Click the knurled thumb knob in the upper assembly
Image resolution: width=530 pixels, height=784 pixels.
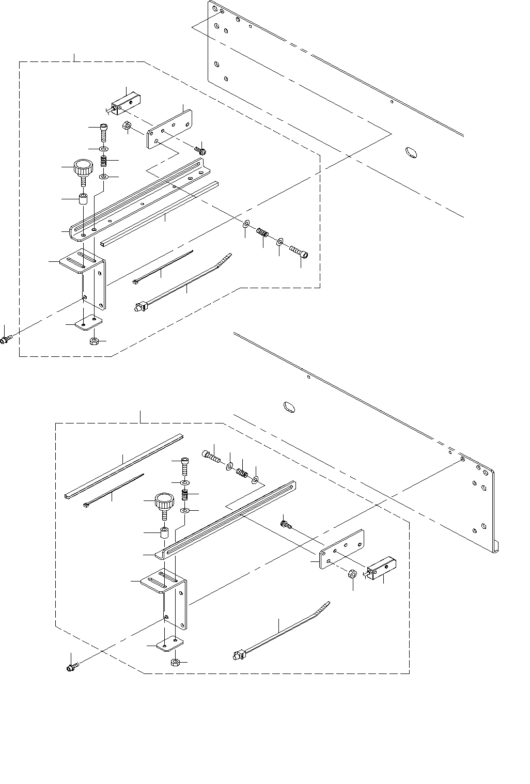tap(83, 168)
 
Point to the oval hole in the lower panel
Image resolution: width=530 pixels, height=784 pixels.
tap(289, 406)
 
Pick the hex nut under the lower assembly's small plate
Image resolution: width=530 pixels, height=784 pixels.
tap(175, 662)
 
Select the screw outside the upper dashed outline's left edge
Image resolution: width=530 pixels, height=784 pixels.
tap(7, 339)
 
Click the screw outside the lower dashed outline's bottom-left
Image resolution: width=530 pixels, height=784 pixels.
tap(72, 668)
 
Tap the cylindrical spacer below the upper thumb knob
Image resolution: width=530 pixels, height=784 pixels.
tap(83, 199)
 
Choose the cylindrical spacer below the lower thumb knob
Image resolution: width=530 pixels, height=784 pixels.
tap(165, 532)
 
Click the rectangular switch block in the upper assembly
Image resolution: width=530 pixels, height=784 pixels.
tap(126, 101)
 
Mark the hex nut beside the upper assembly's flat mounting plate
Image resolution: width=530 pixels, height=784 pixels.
tap(127, 126)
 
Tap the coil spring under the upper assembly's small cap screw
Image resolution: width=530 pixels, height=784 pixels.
tap(103, 161)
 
